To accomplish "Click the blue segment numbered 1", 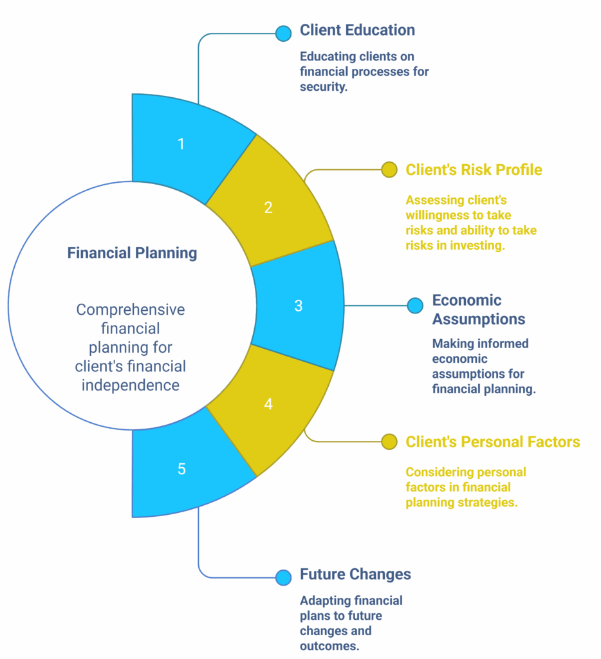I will [181, 144].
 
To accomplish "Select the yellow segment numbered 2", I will [268, 207].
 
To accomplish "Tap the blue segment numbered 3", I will [298, 306].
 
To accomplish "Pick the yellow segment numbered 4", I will [268, 404].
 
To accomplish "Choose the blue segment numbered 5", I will [181, 469].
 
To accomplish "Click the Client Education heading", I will [357, 30].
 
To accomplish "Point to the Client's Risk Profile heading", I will [474, 170].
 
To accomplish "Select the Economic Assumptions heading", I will [478, 310].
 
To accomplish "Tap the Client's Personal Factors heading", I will [492, 442].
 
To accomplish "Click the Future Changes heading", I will [355, 574].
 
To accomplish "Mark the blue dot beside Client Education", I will [283, 33].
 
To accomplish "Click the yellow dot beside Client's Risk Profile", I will [389, 170].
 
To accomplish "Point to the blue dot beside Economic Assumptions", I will [415, 306].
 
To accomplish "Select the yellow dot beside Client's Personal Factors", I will [389, 441].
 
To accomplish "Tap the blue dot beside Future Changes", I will [283, 577].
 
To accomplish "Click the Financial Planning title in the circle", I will [132, 253].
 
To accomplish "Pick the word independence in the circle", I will [131, 385].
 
